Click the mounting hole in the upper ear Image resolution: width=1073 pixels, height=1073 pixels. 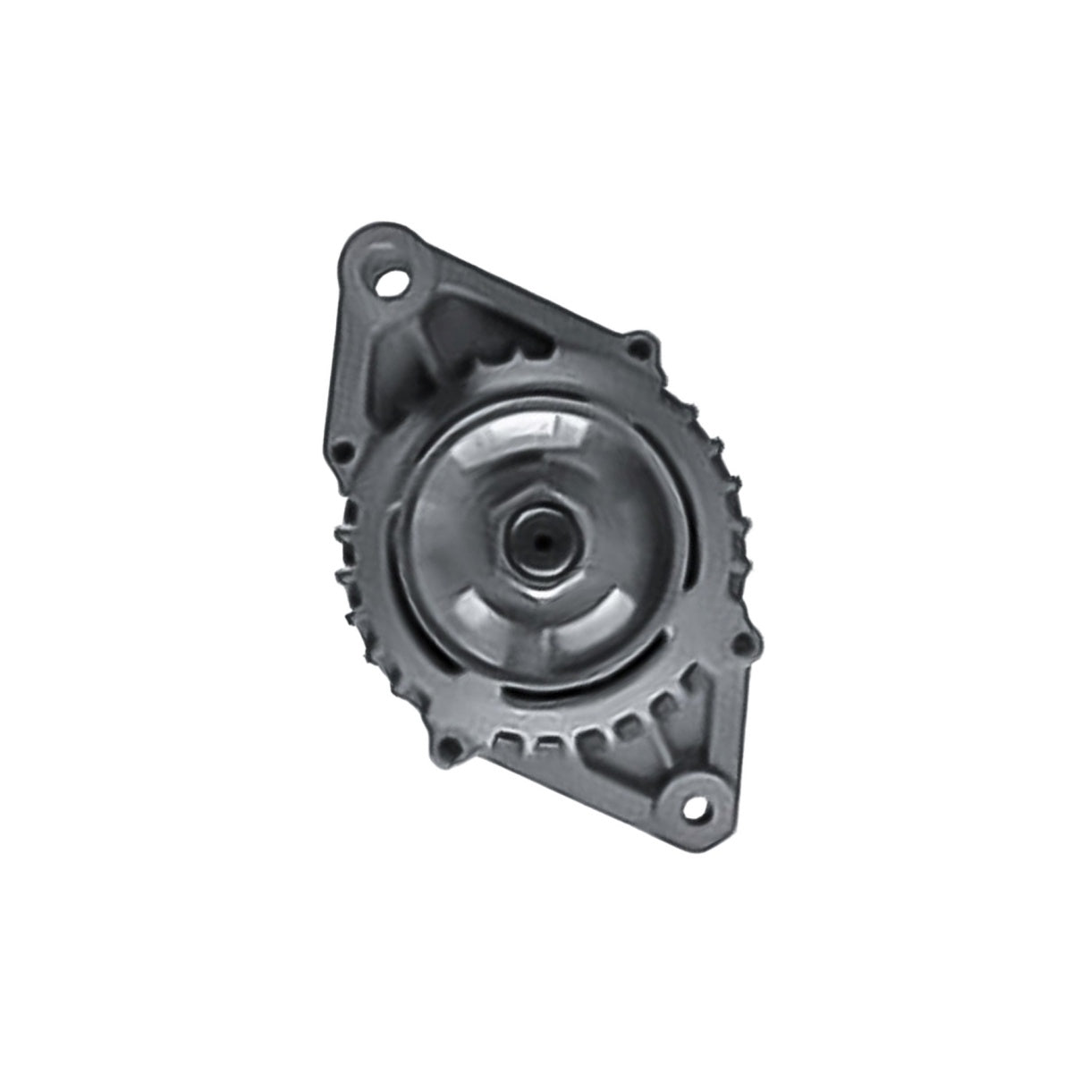click(x=390, y=284)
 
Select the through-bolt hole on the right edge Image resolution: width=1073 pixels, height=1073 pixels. click(x=740, y=642)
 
